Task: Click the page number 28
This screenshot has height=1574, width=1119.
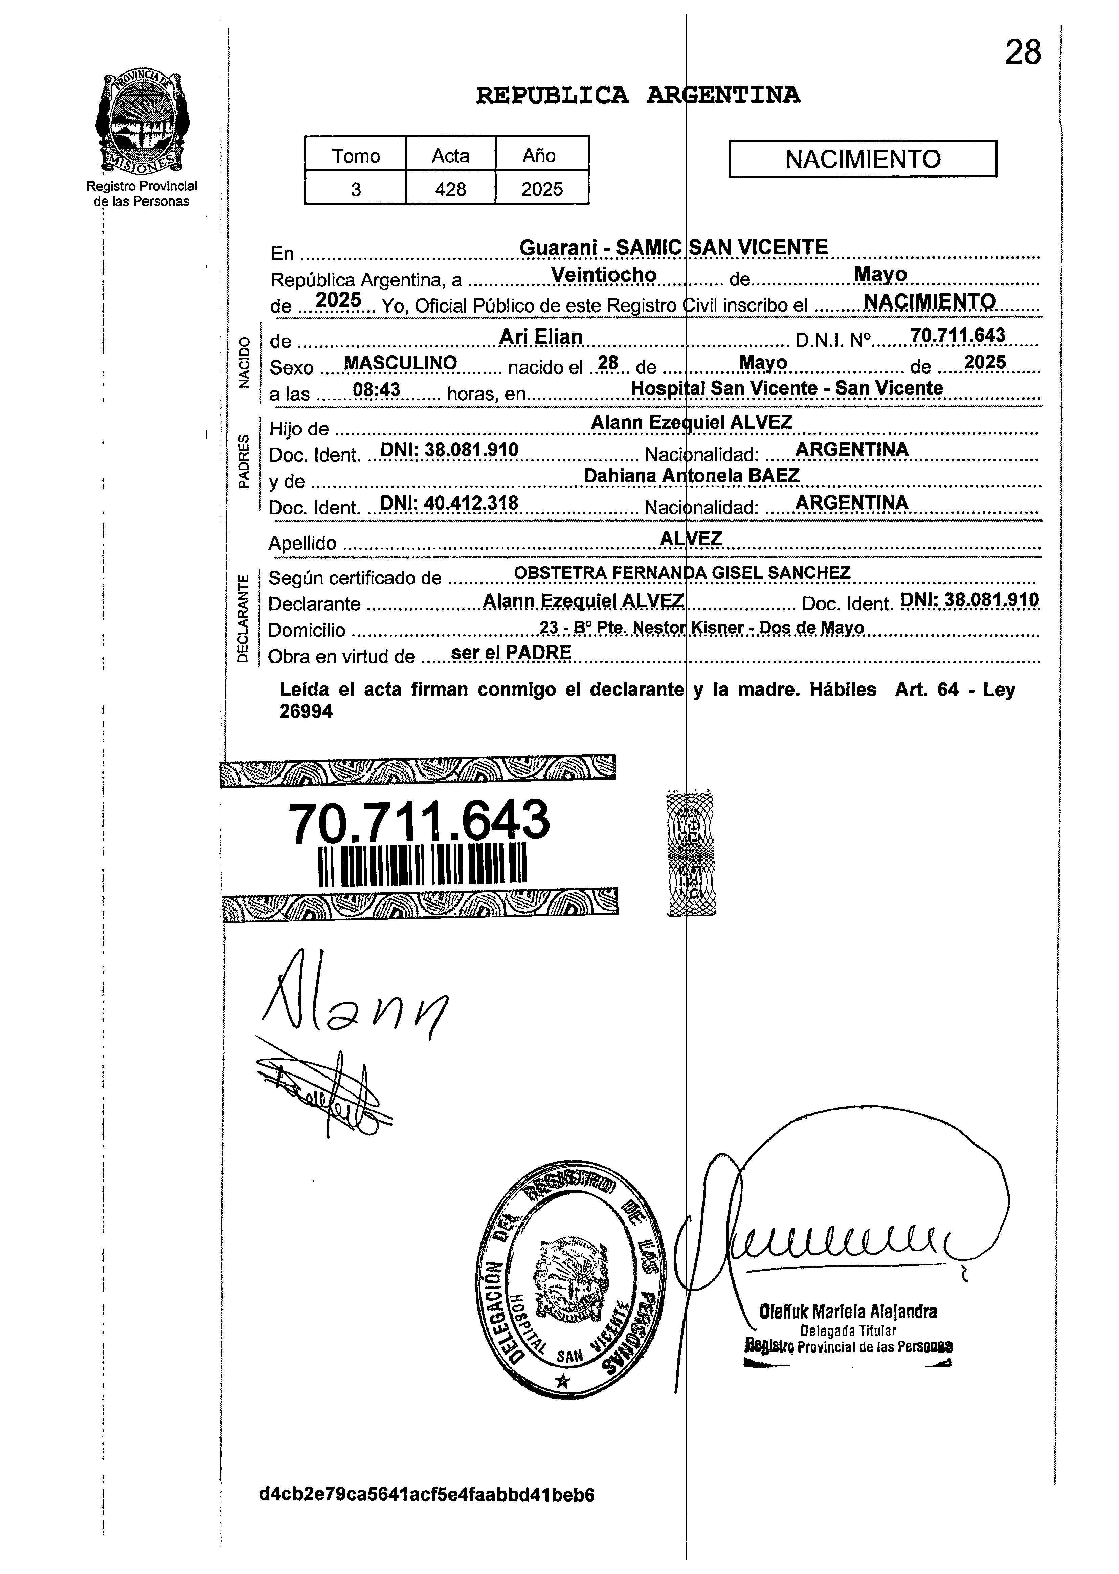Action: [x=1023, y=52]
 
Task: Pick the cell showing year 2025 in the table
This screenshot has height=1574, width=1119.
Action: [x=542, y=188]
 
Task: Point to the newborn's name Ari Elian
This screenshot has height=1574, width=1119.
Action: [x=541, y=337]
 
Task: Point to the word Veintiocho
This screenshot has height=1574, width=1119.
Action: [x=604, y=275]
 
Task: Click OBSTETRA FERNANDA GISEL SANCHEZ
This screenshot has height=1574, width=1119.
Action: [x=682, y=573]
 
